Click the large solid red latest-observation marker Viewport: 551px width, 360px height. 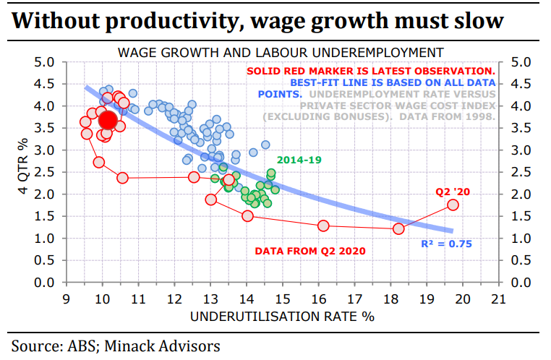(x=108, y=120)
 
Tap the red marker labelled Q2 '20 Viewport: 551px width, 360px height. (x=453, y=205)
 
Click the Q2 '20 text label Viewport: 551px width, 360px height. (x=452, y=192)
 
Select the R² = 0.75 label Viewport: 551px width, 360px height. (x=446, y=244)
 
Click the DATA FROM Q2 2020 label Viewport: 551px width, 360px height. (x=310, y=251)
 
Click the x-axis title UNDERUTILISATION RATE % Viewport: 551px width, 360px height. (x=283, y=317)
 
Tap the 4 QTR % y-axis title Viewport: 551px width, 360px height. (x=21, y=172)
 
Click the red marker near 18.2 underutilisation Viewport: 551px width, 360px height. (x=398, y=228)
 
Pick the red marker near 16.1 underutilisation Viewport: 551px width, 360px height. (x=323, y=226)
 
